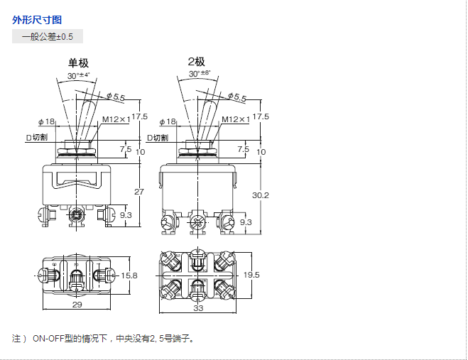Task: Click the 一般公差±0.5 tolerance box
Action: (x=48, y=36)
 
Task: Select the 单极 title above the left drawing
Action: (x=79, y=63)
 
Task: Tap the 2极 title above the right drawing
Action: (x=197, y=62)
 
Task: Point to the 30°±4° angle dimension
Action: (x=79, y=75)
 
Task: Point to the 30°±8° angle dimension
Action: (x=200, y=74)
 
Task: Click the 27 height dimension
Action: (x=139, y=192)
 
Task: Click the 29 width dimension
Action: (x=77, y=304)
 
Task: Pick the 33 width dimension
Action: (x=198, y=308)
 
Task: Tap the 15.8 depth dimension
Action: (x=129, y=275)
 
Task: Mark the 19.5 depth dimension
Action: (x=251, y=275)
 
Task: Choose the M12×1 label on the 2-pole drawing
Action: (x=235, y=120)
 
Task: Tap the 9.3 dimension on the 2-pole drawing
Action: (x=246, y=222)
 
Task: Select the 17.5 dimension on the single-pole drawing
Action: (x=139, y=117)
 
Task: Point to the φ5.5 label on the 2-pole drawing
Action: (x=236, y=98)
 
